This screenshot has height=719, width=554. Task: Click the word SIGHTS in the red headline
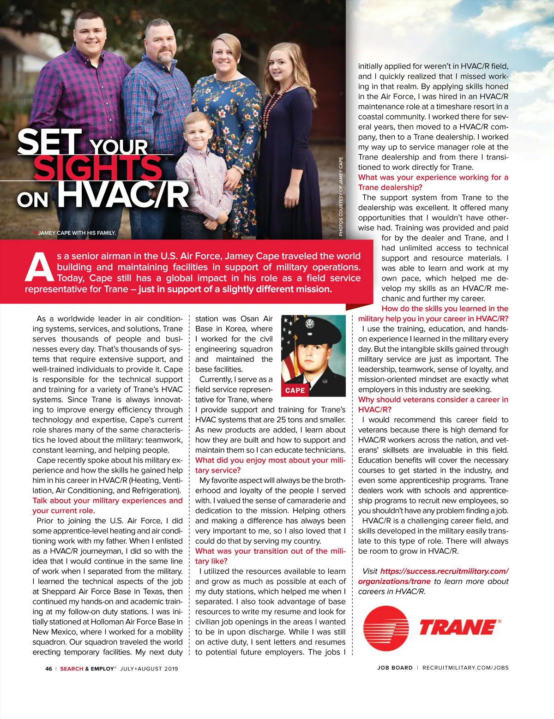pyautogui.click(x=98, y=168)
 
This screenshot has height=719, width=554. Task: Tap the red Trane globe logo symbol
pyautogui.click(x=386, y=629)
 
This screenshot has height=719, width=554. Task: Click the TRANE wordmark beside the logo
pyautogui.click(x=458, y=628)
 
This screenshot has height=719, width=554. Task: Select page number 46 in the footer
pyautogui.click(x=48, y=669)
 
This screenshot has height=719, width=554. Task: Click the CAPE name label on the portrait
pyautogui.click(x=295, y=390)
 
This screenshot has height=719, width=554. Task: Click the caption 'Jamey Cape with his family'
pyautogui.click(x=77, y=233)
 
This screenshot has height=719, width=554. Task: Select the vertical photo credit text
pyautogui.click(x=341, y=197)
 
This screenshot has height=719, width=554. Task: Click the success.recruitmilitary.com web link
pyautogui.click(x=444, y=571)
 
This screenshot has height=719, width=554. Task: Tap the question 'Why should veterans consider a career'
pyautogui.click(x=433, y=400)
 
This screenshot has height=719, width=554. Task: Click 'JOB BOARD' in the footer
pyautogui.click(x=395, y=668)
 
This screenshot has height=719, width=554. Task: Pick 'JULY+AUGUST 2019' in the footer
pyautogui.click(x=149, y=669)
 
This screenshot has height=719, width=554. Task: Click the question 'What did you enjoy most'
pyautogui.click(x=270, y=460)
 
